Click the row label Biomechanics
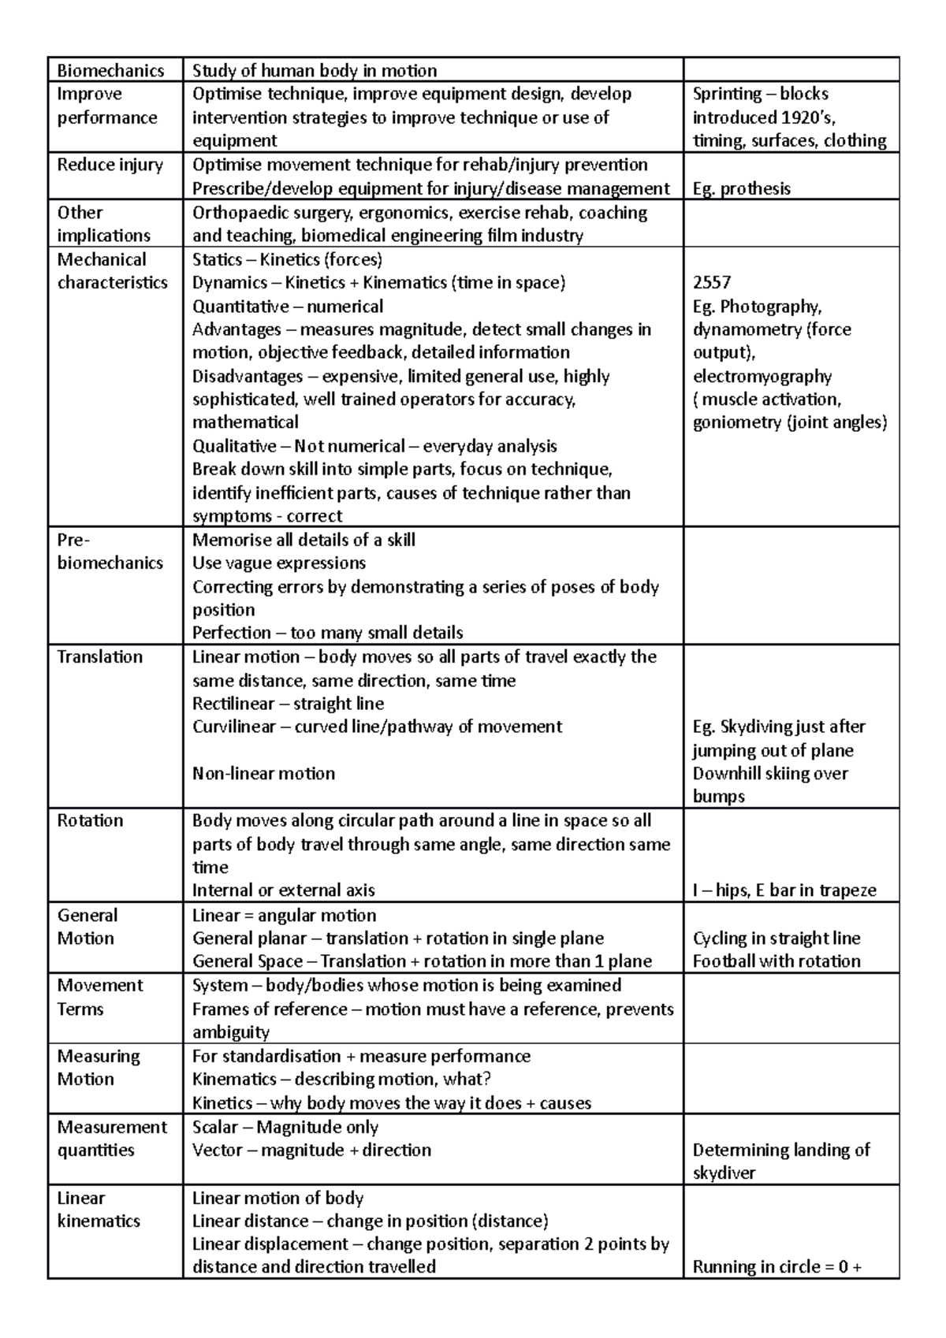pos(110,71)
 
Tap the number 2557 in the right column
pos(712,283)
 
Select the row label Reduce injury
pos(110,165)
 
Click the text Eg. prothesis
pos(741,188)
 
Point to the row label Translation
pos(99,656)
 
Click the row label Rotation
pos(90,820)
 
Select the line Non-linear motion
pos(263,773)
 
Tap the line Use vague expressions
pos(279,563)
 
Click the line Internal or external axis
pos(283,890)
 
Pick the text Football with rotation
pos(776,961)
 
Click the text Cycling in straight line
pos(776,938)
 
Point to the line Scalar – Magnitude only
pos(285,1127)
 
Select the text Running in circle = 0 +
pos(777,1267)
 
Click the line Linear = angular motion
pos(284,915)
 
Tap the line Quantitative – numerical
pos(288,307)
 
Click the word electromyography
pos(762,376)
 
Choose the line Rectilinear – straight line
pos(288,704)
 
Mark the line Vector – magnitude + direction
pos(311,1150)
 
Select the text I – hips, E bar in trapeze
pos(784,890)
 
